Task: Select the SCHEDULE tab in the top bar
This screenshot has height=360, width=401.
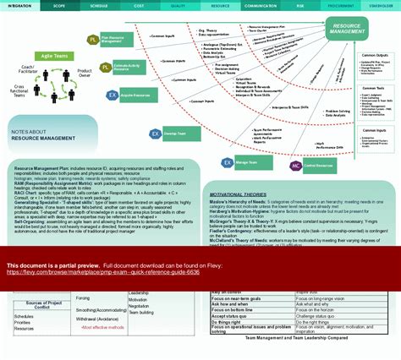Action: click(100, 5)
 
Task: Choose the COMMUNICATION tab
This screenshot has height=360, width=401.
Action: click(261, 5)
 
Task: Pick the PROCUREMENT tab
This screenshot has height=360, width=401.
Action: click(341, 5)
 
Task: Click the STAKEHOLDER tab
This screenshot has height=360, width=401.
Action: click(382, 5)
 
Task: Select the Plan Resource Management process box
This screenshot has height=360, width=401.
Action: click(116, 39)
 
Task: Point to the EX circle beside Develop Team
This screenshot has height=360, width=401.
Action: click(156, 134)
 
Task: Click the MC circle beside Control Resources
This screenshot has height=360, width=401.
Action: click(295, 166)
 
